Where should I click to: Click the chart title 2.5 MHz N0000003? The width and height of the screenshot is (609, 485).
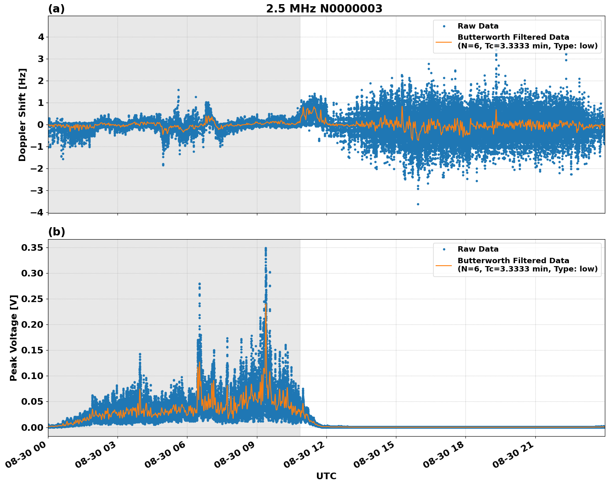324,9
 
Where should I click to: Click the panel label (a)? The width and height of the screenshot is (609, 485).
56,9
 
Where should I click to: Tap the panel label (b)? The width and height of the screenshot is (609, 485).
56,232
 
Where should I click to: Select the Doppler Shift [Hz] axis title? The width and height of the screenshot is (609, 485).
22,115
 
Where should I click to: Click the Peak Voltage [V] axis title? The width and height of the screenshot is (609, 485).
14,338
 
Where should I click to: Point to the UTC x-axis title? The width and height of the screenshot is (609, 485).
326,476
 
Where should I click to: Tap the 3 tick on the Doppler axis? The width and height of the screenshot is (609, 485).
41,59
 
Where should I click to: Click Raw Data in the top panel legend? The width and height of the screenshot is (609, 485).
478,26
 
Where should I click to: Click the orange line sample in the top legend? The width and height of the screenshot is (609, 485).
444,41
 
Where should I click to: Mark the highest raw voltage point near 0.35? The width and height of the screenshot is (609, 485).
266,248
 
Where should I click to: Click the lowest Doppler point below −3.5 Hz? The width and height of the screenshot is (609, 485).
418,204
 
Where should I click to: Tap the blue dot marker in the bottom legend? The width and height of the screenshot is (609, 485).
444,249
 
